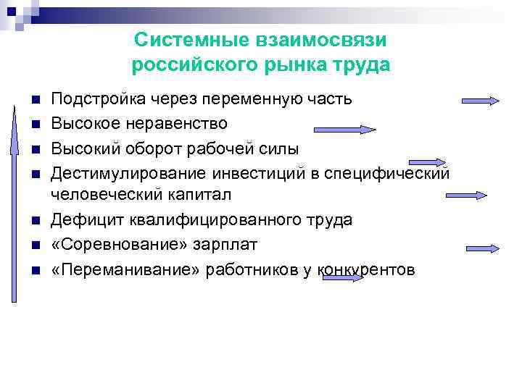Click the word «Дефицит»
pos(83,220)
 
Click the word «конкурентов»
pos(366,270)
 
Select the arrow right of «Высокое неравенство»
pos(344,130)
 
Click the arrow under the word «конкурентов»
pos(340,277)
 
